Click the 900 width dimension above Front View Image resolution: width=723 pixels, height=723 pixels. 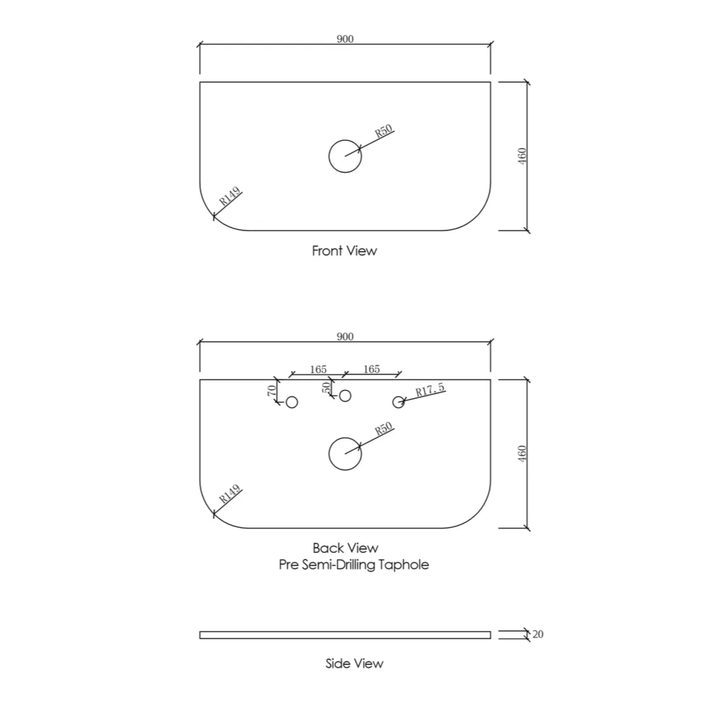pos(345,39)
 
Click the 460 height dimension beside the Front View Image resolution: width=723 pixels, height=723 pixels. pos(522,156)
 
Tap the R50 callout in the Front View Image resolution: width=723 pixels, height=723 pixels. pos(384,131)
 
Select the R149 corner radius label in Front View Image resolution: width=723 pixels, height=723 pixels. pos(229,197)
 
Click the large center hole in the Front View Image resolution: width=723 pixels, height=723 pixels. pos(345,156)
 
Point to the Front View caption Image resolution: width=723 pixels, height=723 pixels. pos(345,251)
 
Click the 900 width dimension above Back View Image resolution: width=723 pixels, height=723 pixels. pos(345,337)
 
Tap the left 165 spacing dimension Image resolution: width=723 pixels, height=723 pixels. pos(318,370)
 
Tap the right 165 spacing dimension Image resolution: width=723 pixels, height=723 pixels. pos(372,369)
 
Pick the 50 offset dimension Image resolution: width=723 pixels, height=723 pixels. pos(327,387)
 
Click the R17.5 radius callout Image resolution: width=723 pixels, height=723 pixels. pos(430,390)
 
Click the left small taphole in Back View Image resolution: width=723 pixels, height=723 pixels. pos(292,402)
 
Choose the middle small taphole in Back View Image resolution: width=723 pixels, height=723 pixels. pos(345,395)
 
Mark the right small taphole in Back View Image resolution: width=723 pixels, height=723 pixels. pos(399,402)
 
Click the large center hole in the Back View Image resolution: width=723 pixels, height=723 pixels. pos(345,454)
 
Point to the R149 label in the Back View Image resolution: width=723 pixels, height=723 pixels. pos(229,494)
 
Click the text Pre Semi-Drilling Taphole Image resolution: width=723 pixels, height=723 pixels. pos(354,565)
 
